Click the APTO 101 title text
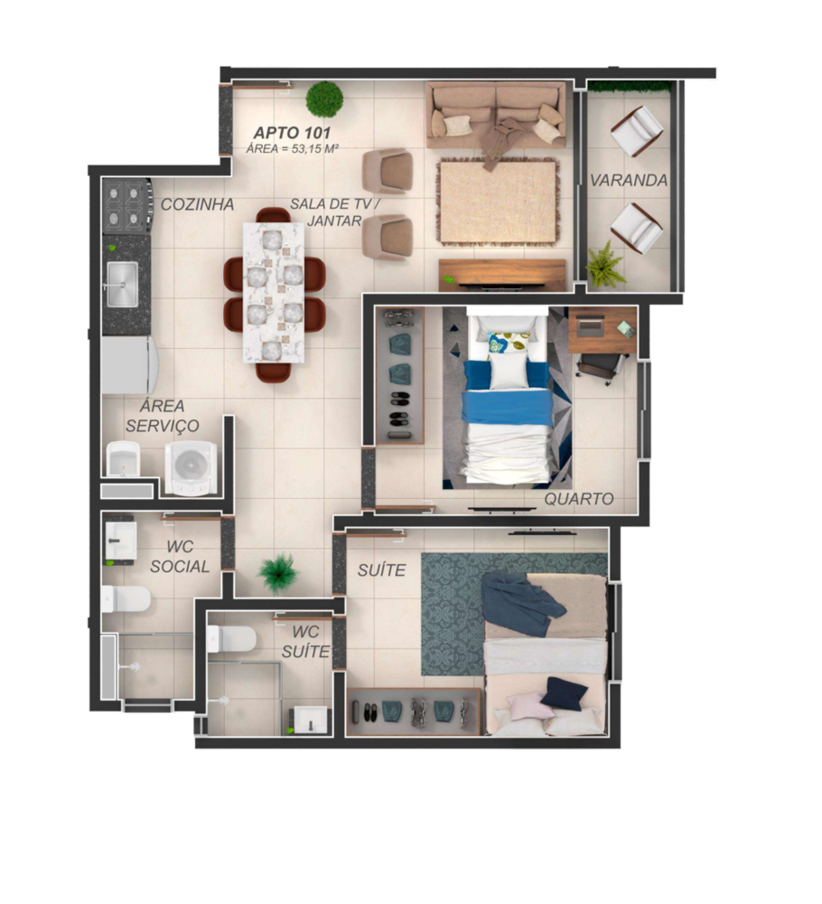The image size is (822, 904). pyautogui.click(x=292, y=133)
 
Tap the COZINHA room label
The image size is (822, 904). pyautogui.click(x=197, y=204)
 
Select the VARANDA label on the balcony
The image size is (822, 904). pyautogui.click(x=629, y=181)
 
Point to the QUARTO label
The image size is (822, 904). pyautogui.click(x=579, y=499)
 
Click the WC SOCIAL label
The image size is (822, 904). pyautogui.click(x=180, y=556)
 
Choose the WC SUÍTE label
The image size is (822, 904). pyautogui.click(x=305, y=642)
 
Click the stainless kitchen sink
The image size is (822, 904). pyautogui.click(x=122, y=284)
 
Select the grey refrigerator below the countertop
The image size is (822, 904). pyautogui.click(x=129, y=365)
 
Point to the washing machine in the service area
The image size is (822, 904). pyautogui.click(x=191, y=467)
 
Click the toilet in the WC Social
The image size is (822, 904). pyautogui.click(x=126, y=599)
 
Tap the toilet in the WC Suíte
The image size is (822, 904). pyautogui.click(x=231, y=639)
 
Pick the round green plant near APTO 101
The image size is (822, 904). pyautogui.click(x=324, y=99)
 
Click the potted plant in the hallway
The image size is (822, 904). pyautogui.click(x=279, y=573)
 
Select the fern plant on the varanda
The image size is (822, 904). pyautogui.click(x=605, y=265)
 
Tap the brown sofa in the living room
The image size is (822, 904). pyautogui.click(x=496, y=115)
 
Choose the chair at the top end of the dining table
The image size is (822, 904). pyautogui.click(x=273, y=215)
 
